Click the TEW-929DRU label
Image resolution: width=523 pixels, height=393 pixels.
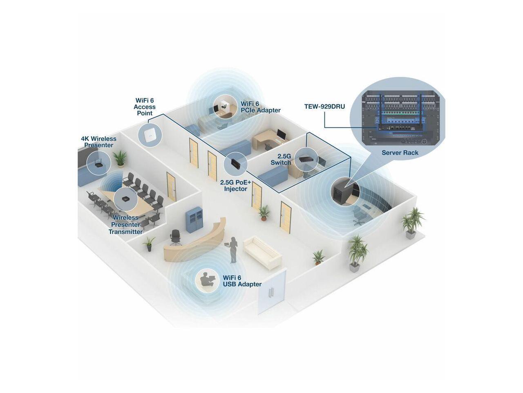(324, 107)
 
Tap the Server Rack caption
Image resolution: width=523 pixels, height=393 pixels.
(400, 153)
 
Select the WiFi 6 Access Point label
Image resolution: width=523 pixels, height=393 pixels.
(145, 107)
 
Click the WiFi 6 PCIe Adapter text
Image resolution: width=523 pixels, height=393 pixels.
(260, 107)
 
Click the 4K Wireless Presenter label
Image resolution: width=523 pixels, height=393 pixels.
(98, 142)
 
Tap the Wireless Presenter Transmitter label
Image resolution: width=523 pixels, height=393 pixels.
(126, 225)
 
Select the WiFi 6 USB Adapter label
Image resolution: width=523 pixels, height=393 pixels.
(242, 281)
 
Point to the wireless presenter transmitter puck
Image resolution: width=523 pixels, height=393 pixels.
(125, 199)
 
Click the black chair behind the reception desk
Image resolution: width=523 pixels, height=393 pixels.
(176, 237)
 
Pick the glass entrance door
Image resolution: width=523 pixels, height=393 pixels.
(272, 291)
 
